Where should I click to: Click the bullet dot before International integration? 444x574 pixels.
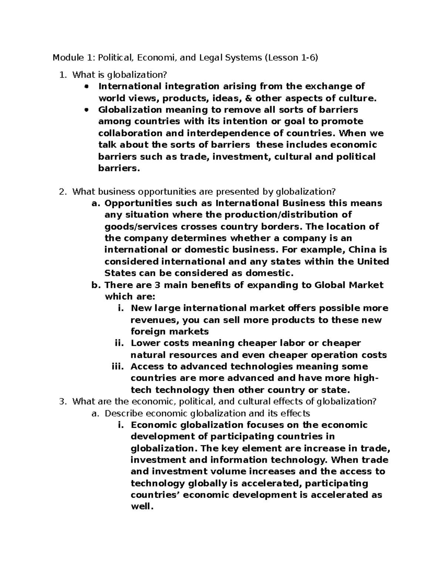click(87, 87)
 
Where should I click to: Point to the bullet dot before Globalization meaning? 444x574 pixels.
click(87, 110)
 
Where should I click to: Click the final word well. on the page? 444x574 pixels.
click(142, 507)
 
